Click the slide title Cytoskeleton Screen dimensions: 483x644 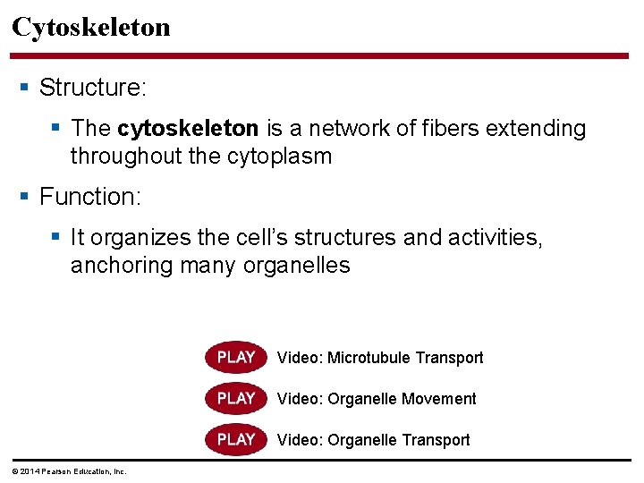90,27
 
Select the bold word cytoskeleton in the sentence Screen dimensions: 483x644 188,129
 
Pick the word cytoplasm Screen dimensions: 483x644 280,157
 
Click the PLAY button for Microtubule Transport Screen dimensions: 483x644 236,358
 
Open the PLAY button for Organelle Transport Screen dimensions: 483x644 236,439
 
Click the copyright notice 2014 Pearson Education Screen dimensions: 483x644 69,471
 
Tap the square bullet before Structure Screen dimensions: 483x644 24,88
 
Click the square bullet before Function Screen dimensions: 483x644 24,196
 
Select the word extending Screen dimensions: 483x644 535,129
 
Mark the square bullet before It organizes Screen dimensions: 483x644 56,237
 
